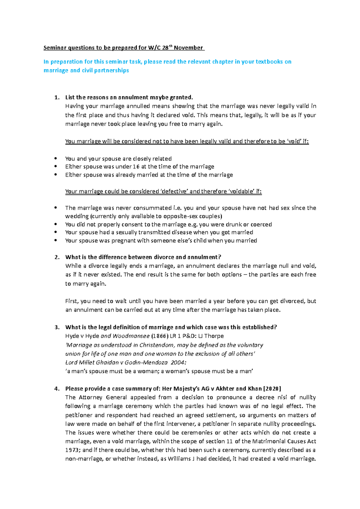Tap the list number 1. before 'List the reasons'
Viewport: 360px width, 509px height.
coord(57,97)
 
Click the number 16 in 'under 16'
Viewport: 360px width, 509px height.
coord(136,167)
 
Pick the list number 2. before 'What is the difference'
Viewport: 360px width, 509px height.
coord(57,257)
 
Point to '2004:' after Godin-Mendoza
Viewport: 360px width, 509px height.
coord(178,362)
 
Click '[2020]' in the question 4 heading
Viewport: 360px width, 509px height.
coord(272,389)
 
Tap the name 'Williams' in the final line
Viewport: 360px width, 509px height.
coord(179,459)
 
